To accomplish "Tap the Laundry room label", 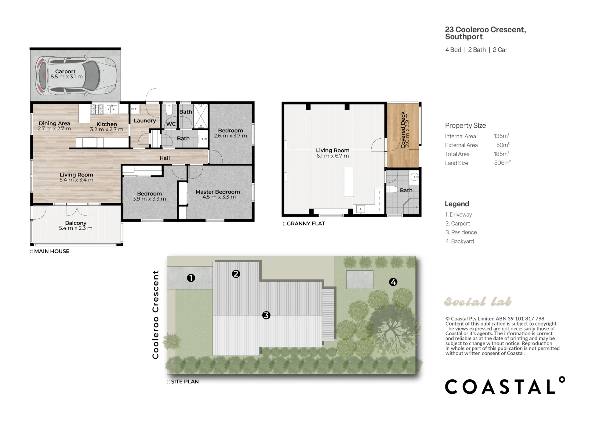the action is click(145, 120).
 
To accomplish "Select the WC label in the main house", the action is click(171, 124).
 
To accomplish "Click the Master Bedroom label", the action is click(218, 192).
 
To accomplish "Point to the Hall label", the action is click(164, 158).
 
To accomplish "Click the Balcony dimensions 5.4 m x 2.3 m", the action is click(76, 228).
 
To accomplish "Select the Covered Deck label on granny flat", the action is click(403, 130).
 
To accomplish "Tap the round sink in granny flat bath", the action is click(415, 177).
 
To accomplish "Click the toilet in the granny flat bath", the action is click(392, 189).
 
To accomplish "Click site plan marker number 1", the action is click(191, 278).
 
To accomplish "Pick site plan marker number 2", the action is click(236, 274).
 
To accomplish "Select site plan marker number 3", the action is click(266, 315).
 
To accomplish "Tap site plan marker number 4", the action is click(393, 282).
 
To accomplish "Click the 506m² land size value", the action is click(502, 163).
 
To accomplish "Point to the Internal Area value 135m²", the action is click(502, 136).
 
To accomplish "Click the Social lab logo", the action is click(478, 301).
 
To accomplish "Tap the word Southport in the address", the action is click(464, 37).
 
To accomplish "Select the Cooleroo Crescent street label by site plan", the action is click(155, 314).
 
